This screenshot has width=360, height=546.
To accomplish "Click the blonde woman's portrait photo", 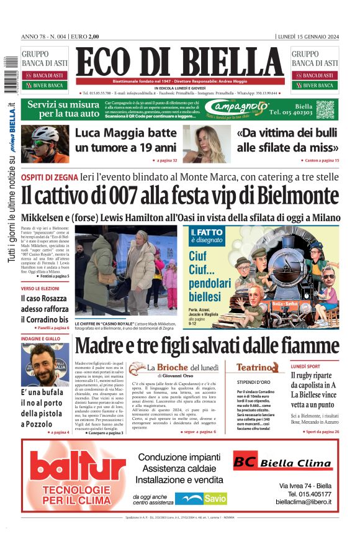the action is point(203,143).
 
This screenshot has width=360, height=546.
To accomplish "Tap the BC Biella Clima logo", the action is point(282,463).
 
